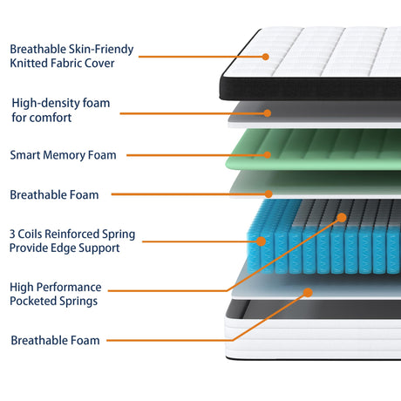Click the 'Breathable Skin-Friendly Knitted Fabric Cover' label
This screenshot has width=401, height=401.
(x=71, y=56)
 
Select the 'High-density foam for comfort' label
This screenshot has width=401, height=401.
(x=61, y=110)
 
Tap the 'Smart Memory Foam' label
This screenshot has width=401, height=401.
(x=63, y=155)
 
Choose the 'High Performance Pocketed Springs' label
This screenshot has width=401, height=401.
(x=56, y=294)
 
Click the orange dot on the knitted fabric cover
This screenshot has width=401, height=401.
(x=265, y=57)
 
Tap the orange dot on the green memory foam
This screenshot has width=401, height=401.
(x=268, y=155)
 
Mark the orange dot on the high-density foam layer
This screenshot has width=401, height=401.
(x=268, y=113)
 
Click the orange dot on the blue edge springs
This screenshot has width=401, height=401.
(x=261, y=241)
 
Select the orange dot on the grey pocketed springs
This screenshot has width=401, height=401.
(x=342, y=217)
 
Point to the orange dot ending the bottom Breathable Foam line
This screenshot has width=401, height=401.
(x=308, y=292)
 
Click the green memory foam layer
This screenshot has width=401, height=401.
(x=313, y=150)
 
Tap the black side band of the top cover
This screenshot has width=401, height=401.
(x=310, y=89)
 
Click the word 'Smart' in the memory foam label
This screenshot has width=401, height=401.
(x=25, y=155)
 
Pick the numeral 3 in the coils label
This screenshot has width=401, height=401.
(x=12, y=234)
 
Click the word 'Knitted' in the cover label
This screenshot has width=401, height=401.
(x=29, y=63)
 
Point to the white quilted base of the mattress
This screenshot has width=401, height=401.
(x=313, y=338)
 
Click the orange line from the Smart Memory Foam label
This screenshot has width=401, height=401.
(x=197, y=155)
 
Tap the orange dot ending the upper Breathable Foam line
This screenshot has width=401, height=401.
(x=268, y=194)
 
